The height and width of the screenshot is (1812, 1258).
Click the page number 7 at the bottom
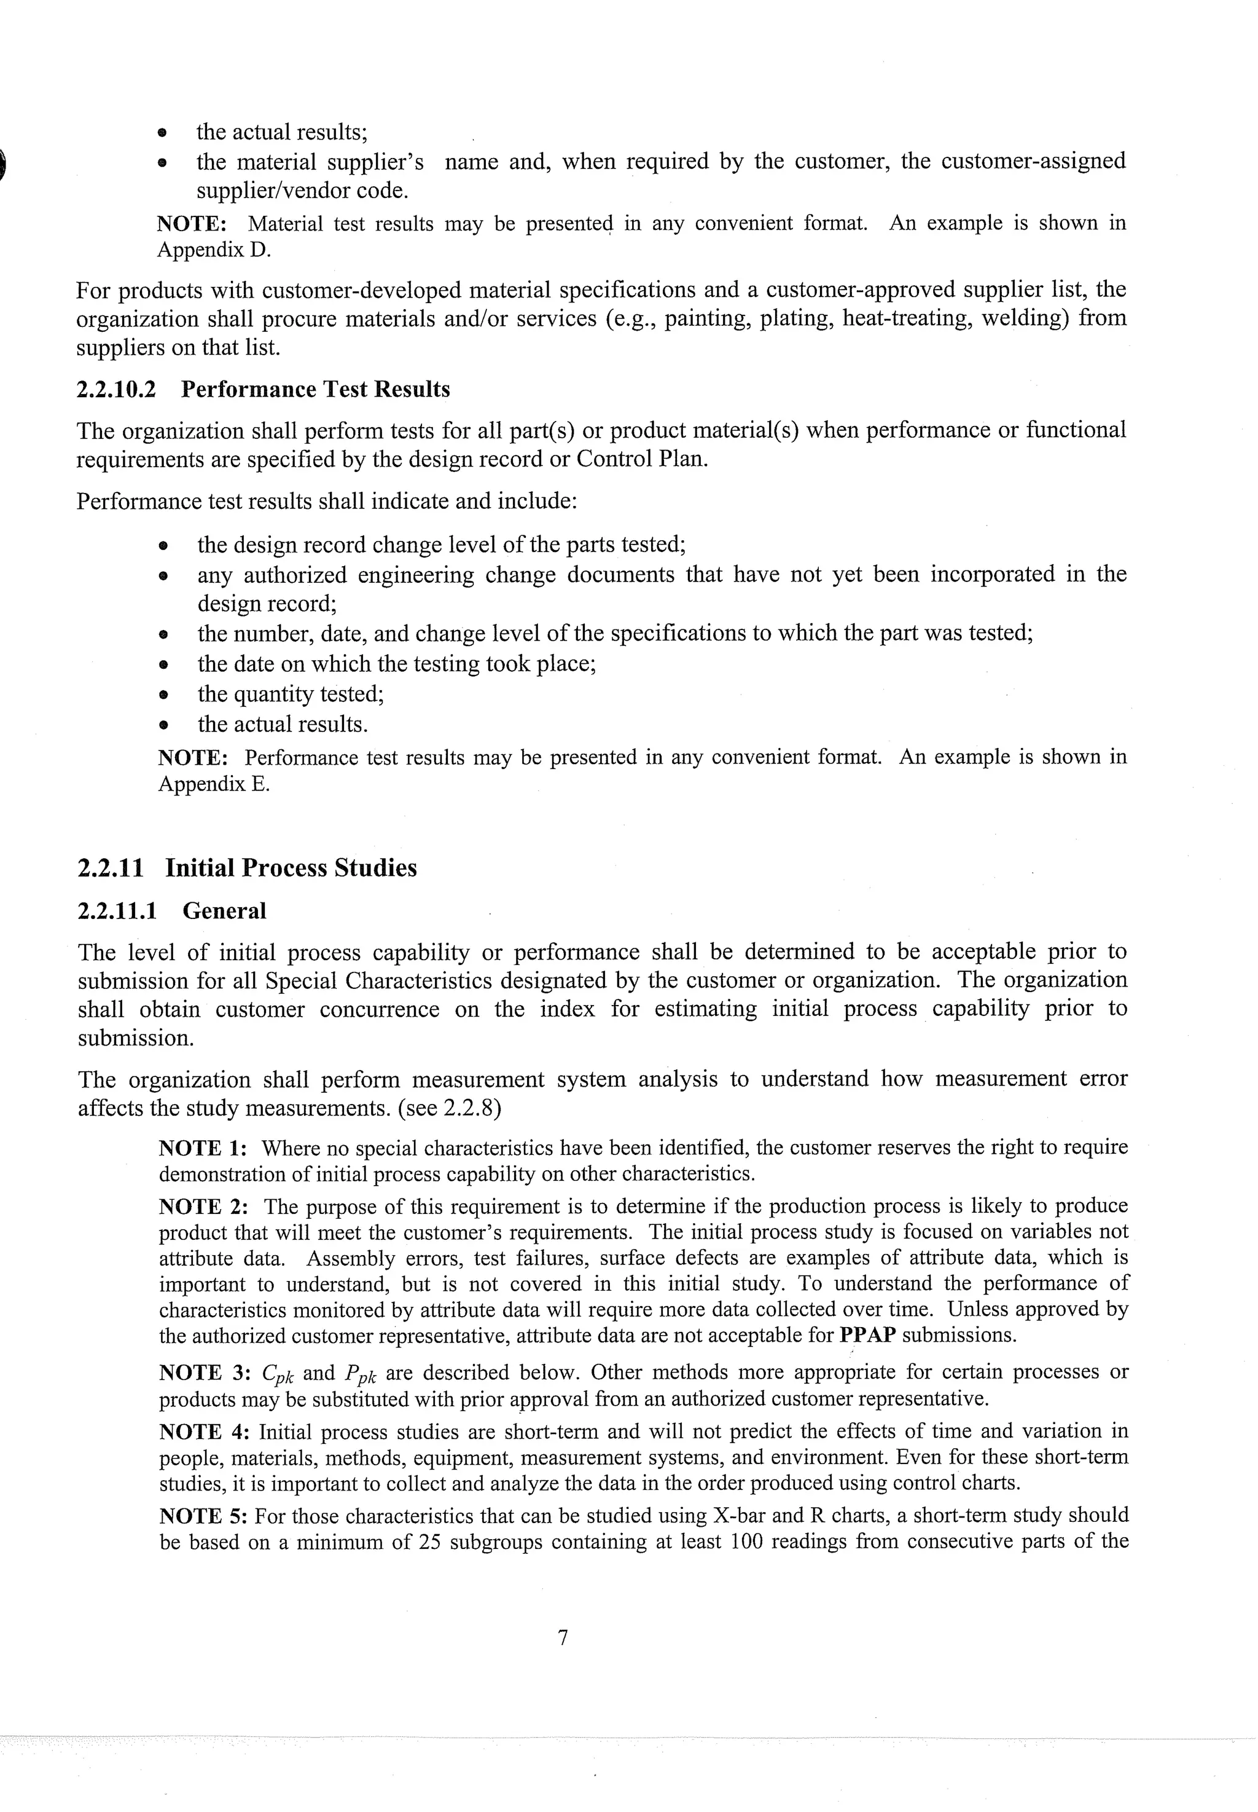click(563, 1637)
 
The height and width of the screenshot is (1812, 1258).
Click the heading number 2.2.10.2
click(116, 390)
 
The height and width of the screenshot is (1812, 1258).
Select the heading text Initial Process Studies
click(291, 868)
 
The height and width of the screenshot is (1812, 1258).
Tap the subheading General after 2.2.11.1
click(225, 911)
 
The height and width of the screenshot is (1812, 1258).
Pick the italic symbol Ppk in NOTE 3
click(360, 1374)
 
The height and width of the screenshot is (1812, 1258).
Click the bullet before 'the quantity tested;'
click(163, 695)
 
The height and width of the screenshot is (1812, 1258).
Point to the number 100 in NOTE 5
click(747, 1542)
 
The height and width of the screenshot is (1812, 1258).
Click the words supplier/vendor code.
click(302, 191)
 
